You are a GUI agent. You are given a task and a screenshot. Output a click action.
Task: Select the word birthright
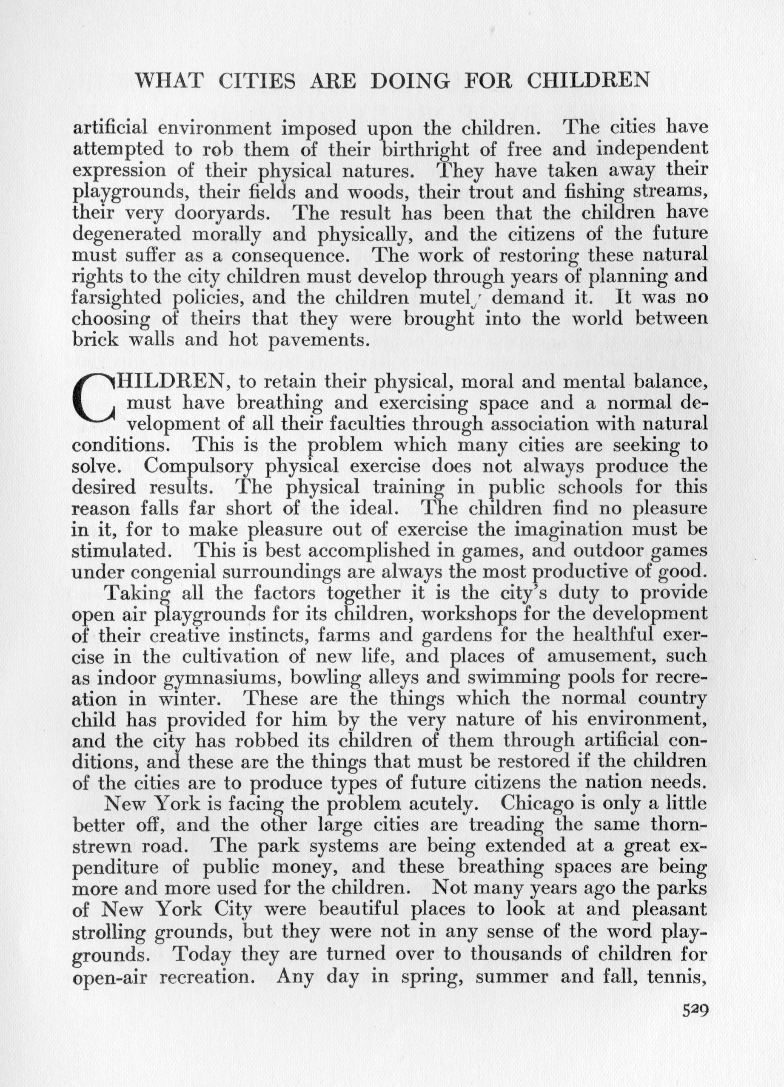coord(428,150)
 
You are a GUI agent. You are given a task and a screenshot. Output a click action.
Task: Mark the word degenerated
coord(127,234)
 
